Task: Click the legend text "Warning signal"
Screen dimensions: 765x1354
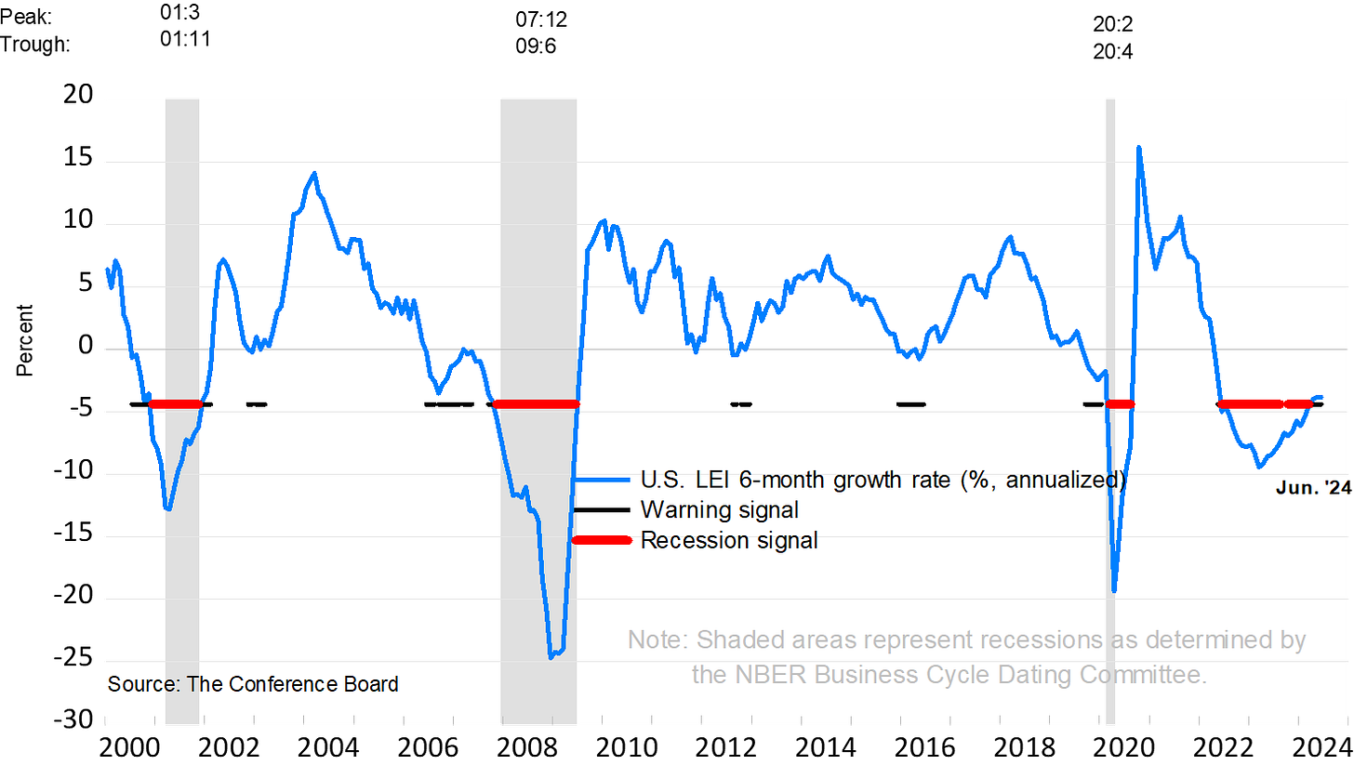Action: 719,510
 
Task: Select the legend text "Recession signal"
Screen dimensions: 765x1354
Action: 729,540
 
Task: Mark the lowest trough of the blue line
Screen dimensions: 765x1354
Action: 551,657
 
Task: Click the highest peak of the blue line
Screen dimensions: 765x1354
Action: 1138,148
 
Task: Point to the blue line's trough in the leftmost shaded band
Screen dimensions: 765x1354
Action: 168,508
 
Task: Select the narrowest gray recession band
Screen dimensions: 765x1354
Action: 1110,409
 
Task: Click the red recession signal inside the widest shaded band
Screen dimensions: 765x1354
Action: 537,404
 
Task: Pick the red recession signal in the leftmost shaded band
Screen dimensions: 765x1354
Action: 177,404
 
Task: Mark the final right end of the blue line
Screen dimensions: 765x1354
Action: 1321,397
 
